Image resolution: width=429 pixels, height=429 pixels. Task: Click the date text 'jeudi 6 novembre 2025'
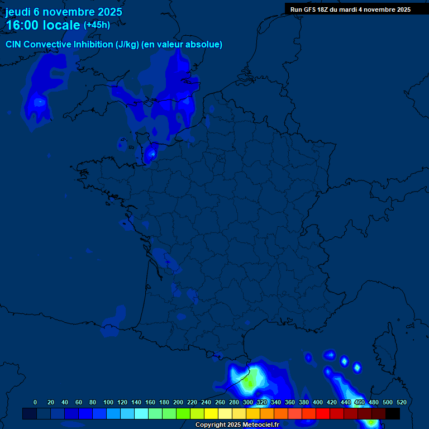pyautogui.click(x=64, y=12)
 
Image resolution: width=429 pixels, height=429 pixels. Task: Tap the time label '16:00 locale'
pyautogui.click(x=43, y=26)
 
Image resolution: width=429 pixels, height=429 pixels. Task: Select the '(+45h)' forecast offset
pyautogui.click(x=97, y=25)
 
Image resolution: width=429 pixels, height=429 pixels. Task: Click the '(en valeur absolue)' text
pyautogui.click(x=182, y=45)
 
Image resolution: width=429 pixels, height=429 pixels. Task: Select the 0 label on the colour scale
pyautogui.click(x=35, y=402)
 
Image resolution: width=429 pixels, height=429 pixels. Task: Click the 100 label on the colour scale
pyautogui.click(x=108, y=402)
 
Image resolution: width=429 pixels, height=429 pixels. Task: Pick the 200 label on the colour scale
pyautogui.click(x=178, y=402)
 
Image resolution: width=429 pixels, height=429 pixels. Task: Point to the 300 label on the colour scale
pyautogui.click(x=248, y=402)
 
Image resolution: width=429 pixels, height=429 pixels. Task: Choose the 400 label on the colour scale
pyautogui.click(x=318, y=402)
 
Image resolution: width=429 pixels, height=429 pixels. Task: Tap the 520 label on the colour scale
pyautogui.click(x=401, y=402)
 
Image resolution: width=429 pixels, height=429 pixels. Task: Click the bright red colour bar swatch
pyautogui.click(x=323, y=414)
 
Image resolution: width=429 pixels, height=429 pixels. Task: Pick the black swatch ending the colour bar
pyautogui.click(x=393, y=414)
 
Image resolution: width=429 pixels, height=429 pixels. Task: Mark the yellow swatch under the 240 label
pyautogui.click(x=211, y=414)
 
